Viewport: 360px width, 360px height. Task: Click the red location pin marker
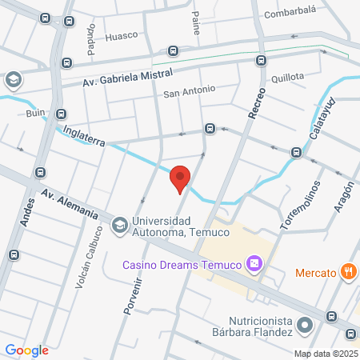click(181, 178)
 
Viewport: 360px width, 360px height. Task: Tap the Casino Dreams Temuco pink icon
click(254, 263)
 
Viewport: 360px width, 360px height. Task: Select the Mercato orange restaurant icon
click(347, 272)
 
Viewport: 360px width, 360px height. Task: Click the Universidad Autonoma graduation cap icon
click(119, 224)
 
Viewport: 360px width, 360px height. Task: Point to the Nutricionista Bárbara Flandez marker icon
click(304, 325)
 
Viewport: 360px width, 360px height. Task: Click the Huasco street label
click(122, 35)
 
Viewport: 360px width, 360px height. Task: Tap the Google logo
click(26, 350)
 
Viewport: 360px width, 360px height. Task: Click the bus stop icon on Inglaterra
click(210, 128)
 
